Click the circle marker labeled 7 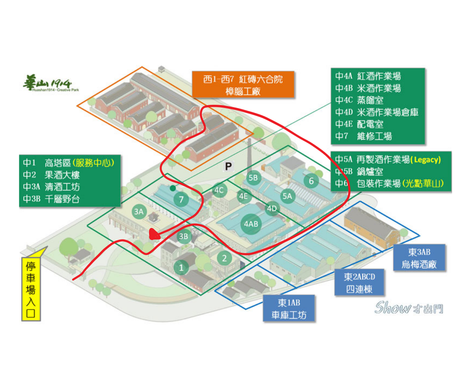[x=181, y=199]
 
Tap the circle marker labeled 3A [x=138, y=212]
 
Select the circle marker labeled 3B [x=184, y=236]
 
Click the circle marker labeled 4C [x=219, y=190]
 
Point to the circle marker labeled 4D [x=272, y=208]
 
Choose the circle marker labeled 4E [x=243, y=196]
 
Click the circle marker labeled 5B [x=253, y=178]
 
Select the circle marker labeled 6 [x=311, y=181]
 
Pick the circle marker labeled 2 [x=224, y=258]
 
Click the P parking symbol [x=228, y=166]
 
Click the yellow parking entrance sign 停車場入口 [x=30, y=288]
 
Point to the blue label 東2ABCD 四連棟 [x=360, y=283]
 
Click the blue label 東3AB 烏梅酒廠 [x=419, y=258]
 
